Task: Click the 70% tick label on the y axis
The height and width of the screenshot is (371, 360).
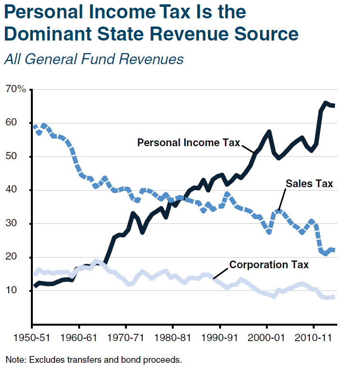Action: pyautogui.click(x=15, y=89)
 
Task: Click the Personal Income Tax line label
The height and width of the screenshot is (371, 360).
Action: pyautogui.click(x=188, y=143)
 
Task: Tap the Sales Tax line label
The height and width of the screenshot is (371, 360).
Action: pyautogui.click(x=309, y=183)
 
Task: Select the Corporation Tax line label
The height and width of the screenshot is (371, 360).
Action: pyautogui.click(x=269, y=264)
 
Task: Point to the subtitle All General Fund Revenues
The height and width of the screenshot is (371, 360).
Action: pyautogui.click(x=94, y=59)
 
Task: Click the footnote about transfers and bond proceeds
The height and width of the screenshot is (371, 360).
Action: pyautogui.click(x=94, y=359)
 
